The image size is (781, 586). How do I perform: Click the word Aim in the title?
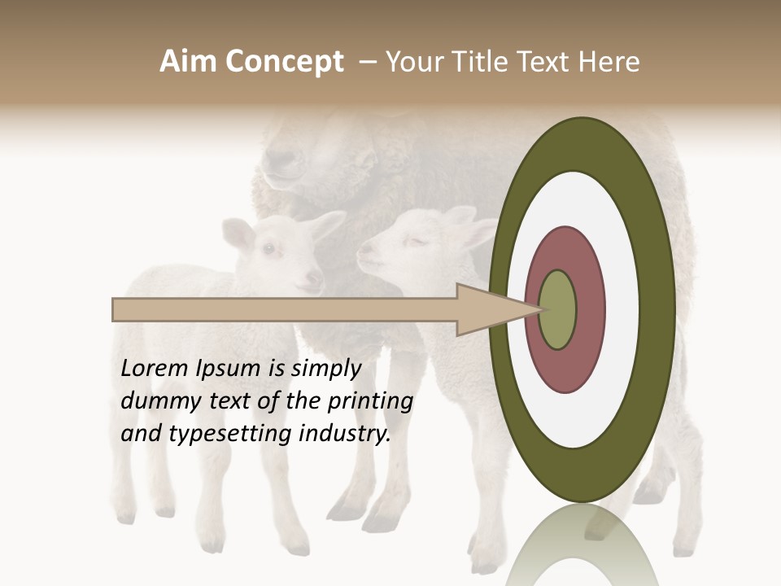coord(189,62)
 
